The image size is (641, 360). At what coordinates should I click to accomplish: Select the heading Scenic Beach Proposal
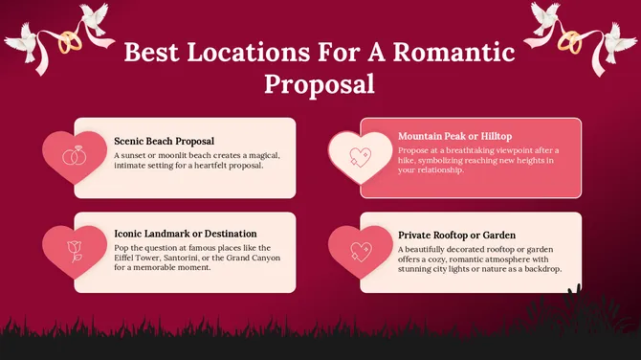coord(165,140)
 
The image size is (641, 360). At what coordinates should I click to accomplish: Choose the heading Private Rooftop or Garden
coord(457,234)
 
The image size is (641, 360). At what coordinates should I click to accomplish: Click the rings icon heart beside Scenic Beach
coord(75,155)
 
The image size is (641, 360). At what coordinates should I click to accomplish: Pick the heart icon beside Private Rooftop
coord(360,251)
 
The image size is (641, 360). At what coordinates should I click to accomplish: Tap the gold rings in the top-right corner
coord(570,42)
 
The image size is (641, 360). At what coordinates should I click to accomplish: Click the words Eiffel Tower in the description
coord(137,257)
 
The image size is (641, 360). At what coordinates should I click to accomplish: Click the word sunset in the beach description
coord(136,154)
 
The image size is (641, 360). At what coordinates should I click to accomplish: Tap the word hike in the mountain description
coord(409,162)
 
